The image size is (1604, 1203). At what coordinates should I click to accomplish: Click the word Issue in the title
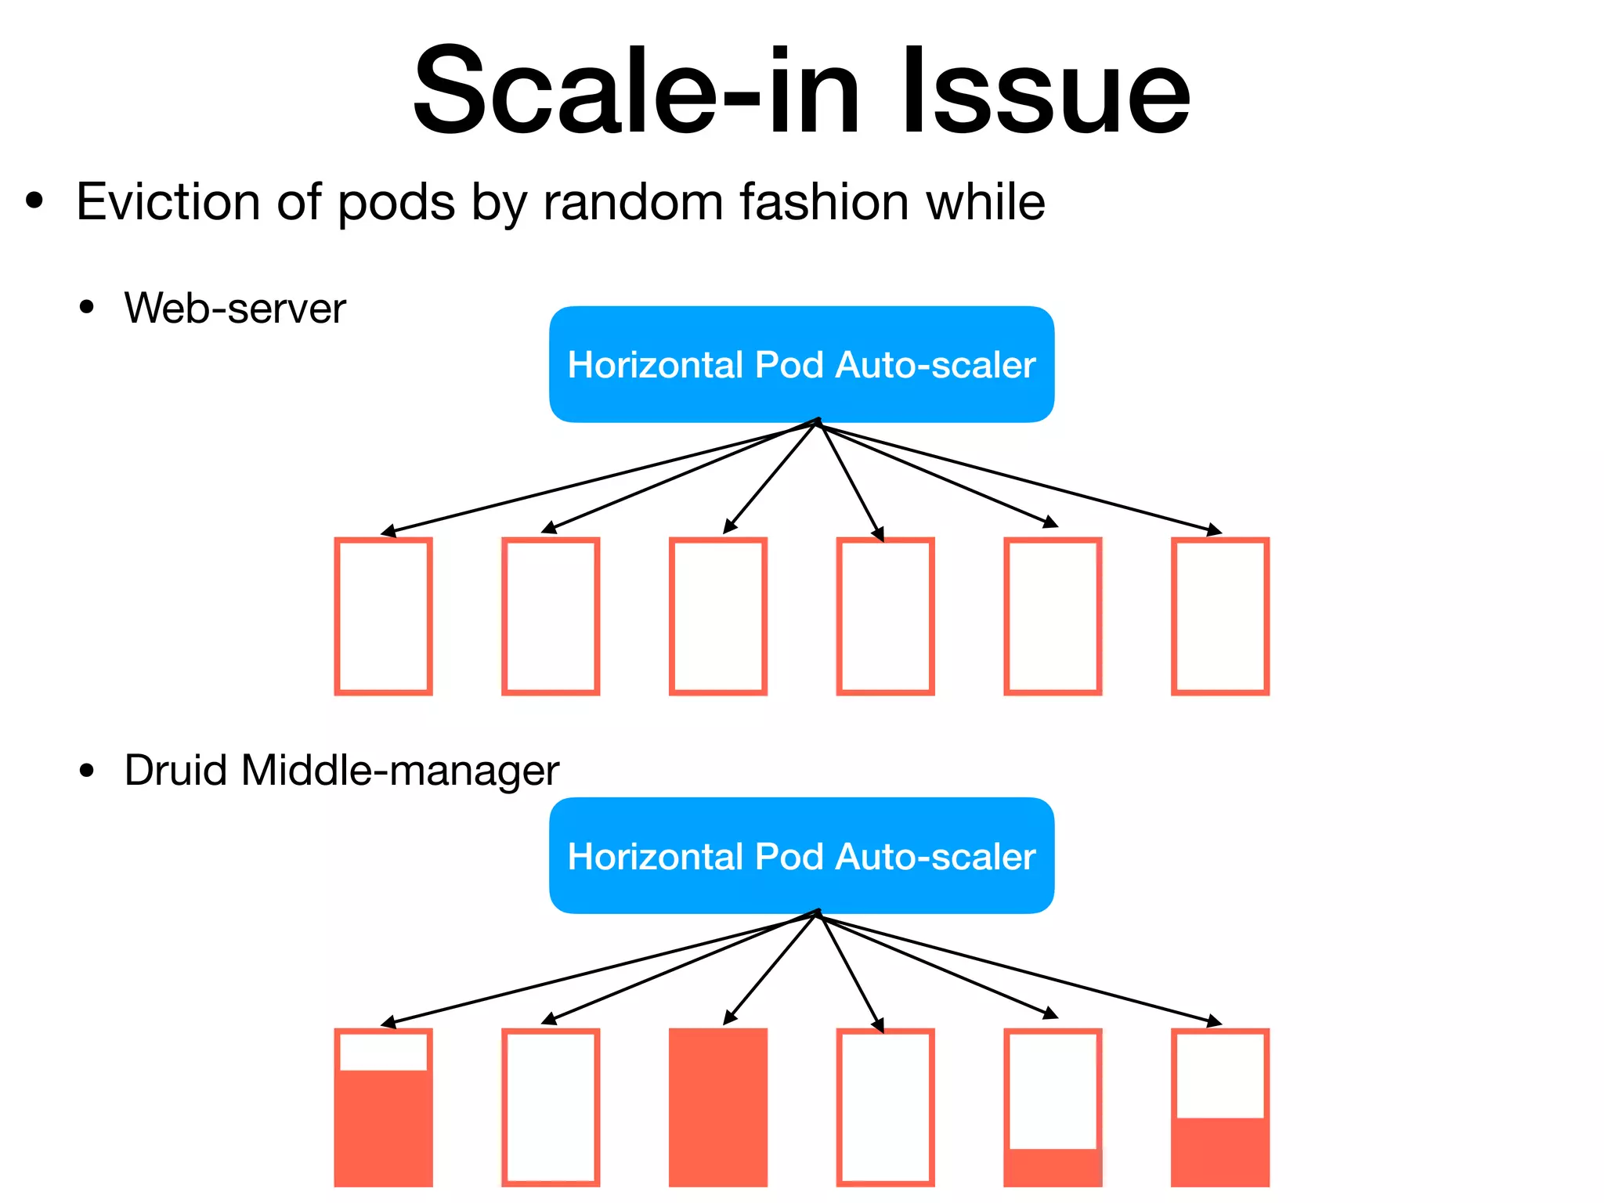point(1046,92)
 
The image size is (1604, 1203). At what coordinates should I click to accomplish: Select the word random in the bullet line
point(634,202)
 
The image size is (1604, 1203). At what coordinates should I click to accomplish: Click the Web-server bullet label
point(234,308)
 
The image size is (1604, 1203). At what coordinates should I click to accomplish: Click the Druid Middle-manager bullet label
point(341,770)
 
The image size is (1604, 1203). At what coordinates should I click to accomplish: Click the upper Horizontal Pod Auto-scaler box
point(801,364)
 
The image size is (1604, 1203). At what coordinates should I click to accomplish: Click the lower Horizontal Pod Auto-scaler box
point(801,855)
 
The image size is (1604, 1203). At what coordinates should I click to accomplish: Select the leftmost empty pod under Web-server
point(383,616)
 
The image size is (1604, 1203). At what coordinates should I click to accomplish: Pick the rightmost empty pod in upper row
point(1219,616)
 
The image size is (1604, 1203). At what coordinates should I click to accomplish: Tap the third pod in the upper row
point(717,616)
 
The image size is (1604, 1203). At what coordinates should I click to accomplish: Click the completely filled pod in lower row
point(717,1107)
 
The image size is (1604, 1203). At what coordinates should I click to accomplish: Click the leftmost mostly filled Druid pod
point(383,1107)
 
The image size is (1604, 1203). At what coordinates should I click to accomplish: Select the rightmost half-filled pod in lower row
point(1219,1107)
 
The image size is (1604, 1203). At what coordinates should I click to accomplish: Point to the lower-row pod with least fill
point(1053,1107)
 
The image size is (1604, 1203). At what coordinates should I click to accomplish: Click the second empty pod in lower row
point(885,1107)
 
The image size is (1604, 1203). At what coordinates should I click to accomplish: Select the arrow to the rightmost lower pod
point(1018,969)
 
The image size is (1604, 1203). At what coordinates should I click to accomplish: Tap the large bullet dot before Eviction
point(34,201)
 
